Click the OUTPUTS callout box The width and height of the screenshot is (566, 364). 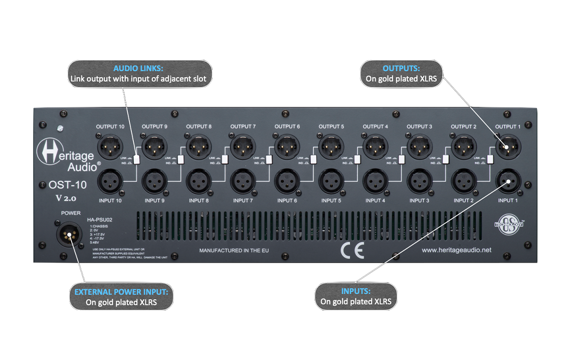(401, 73)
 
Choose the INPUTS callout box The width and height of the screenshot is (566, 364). (356, 296)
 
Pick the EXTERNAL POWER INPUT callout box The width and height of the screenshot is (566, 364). (121, 297)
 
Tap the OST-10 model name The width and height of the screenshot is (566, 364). (68, 185)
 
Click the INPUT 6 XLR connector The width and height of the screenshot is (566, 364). (287, 181)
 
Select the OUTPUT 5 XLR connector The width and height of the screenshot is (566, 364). (331, 147)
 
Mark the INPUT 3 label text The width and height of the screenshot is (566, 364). (419, 201)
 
